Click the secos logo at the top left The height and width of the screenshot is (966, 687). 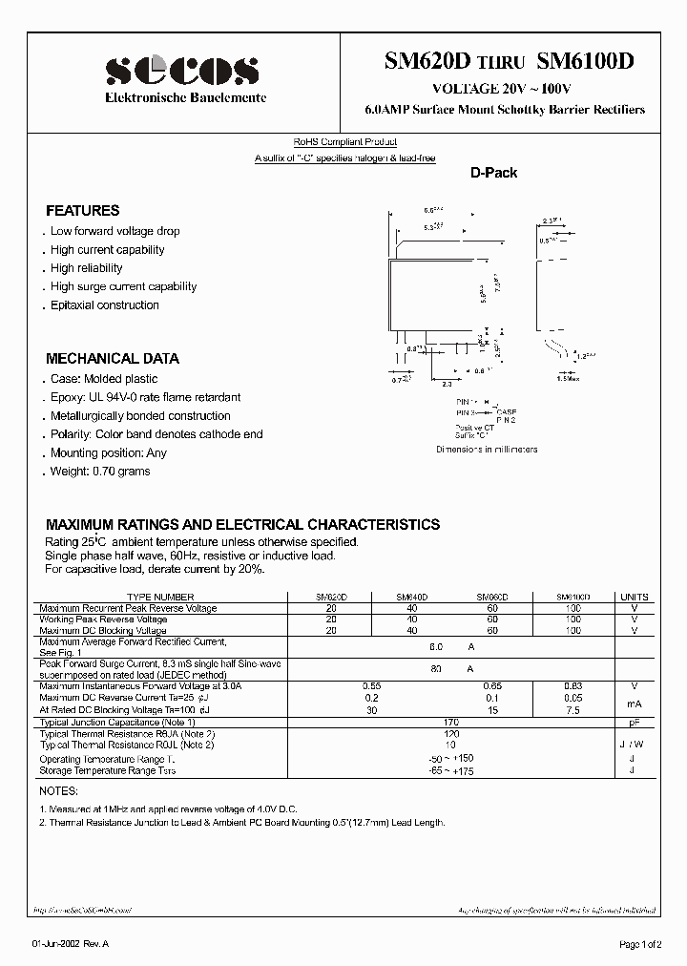point(181,71)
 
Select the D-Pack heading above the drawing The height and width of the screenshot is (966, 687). point(493,173)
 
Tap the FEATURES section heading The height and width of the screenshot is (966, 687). point(83,211)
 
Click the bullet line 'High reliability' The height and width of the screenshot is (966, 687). point(86,268)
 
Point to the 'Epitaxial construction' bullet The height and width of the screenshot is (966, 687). point(104,305)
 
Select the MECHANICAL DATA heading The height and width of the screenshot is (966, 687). point(113,359)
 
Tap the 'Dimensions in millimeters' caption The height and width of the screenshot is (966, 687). point(487,450)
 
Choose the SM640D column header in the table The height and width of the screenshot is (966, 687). point(412,596)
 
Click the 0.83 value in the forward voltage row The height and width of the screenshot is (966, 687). point(572,686)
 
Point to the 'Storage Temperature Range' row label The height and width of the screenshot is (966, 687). point(107,770)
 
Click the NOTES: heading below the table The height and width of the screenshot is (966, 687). point(61,792)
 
